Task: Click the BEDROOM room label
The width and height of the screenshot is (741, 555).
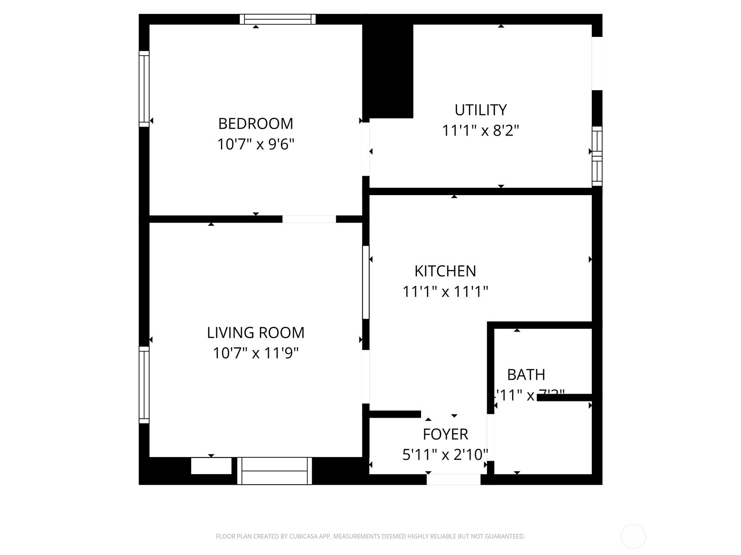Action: (x=256, y=123)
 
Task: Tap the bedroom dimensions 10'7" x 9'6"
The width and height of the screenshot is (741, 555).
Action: (x=256, y=144)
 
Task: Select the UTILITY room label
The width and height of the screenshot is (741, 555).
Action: (x=480, y=110)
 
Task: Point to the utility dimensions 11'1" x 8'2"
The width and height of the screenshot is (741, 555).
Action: (x=480, y=131)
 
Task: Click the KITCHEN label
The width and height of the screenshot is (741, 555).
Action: (x=445, y=271)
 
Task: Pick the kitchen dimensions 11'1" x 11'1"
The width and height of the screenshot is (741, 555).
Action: (x=445, y=292)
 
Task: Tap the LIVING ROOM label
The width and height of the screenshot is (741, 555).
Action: (x=256, y=333)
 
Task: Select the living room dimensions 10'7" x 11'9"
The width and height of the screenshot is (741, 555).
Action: (x=256, y=353)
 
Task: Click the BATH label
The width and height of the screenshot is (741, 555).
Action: (x=526, y=374)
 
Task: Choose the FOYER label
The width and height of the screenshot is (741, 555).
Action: (x=445, y=434)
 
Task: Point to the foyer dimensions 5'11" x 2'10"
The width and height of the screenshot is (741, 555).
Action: (x=445, y=455)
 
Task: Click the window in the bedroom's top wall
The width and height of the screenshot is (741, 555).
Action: (x=277, y=19)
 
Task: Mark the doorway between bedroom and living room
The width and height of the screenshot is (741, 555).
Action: (x=309, y=219)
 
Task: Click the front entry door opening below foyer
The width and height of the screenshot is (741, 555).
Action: (x=453, y=480)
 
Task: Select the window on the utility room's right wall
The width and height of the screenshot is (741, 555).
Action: (x=597, y=156)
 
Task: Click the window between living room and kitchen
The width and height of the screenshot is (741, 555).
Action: (x=365, y=282)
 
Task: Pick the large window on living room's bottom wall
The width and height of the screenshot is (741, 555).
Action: (x=275, y=471)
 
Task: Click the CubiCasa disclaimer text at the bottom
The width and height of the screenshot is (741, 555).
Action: (x=370, y=536)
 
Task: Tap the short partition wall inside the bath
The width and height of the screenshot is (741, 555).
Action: (x=565, y=397)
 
